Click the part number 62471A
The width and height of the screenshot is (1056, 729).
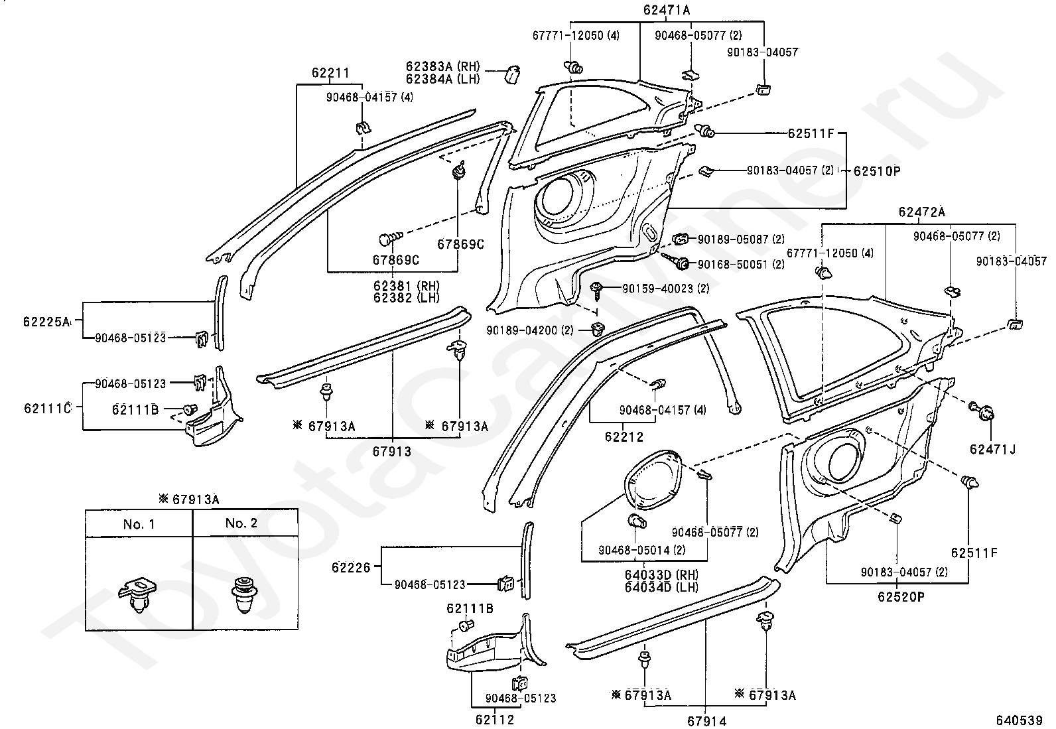pyautogui.click(x=666, y=10)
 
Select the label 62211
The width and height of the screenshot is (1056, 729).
pyautogui.click(x=330, y=73)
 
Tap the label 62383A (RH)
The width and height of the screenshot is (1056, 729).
pyautogui.click(x=442, y=66)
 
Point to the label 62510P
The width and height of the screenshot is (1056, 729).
pyautogui.click(x=877, y=170)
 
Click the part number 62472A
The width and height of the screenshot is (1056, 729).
pyautogui.click(x=921, y=212)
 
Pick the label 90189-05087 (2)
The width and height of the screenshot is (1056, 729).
pyautogui.click(x=741, y=239)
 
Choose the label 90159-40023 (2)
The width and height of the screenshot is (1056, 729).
pyautogui.click(x=666, y=288)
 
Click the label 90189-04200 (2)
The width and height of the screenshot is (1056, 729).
pyautogui.click(x=530, y=330)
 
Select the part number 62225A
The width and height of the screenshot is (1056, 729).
pyautogui.click(x=46, y=322)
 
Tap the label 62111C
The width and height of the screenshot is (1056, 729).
pyautogui.click(x=48, y=409)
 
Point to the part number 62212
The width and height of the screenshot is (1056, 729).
pyautogui.click(x=624, y=437)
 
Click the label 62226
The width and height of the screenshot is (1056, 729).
pyautogui.click(x=351, y=568)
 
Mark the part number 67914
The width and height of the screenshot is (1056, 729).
pyautogui.click(x=706, y=721)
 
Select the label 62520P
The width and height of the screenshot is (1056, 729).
pyautogui.click(x=901, y=597)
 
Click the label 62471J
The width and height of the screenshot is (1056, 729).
pyautogui.click(x=992, y=449)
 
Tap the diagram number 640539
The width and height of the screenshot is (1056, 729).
pyautogui.click(x=1020, y=720)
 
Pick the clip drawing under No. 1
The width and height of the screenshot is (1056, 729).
pyautogui.click(x=137, y=595)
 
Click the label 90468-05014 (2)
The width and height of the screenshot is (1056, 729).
pyautogui.click(x=642, y=550)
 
